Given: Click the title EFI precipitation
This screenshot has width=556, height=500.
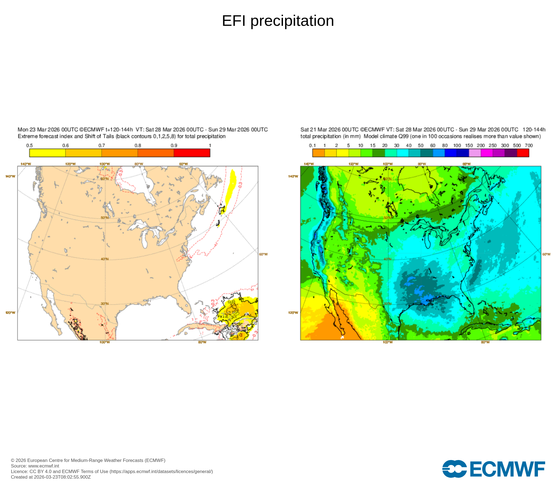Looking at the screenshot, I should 278,21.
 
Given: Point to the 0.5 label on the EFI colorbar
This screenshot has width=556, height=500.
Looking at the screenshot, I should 29,146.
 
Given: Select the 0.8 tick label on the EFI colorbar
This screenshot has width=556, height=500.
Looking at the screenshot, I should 138,146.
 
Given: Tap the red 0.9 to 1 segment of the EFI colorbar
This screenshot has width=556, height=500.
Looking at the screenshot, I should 192,153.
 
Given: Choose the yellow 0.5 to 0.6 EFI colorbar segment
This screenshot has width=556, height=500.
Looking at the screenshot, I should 48,153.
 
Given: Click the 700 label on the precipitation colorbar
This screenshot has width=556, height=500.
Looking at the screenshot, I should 528,146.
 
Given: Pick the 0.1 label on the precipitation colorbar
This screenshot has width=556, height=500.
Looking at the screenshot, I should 312,146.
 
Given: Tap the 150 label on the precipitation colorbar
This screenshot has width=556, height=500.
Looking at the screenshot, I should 469,146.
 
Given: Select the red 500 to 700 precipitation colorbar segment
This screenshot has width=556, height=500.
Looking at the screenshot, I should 523,153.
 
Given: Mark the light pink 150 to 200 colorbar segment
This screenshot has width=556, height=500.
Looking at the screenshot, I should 475,153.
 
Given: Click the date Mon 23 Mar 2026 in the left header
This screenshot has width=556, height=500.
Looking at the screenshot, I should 39,130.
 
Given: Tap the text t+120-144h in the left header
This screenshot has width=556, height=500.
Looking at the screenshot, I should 119,130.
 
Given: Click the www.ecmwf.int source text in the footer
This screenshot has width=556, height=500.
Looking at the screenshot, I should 44,466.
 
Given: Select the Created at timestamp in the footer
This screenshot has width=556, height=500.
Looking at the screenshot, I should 51,477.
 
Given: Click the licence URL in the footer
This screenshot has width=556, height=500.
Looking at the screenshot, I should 161,471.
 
